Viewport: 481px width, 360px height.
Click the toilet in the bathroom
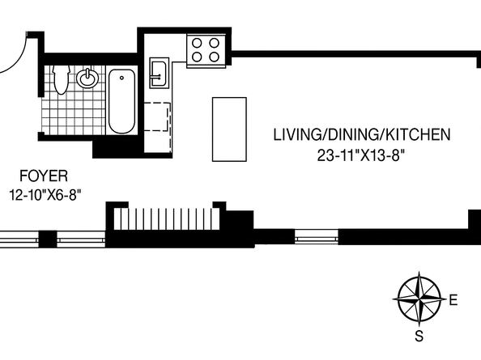61,78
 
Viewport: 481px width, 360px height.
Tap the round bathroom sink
88,79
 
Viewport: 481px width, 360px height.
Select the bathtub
122,101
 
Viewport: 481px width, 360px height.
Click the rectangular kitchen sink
159,71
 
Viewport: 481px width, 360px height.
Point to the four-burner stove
206,49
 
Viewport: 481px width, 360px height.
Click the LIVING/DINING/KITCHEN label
360,135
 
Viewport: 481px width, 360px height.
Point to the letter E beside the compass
453,300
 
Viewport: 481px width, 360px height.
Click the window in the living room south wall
316,237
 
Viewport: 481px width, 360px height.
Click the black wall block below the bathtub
117,148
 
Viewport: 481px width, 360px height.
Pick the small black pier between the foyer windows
48,239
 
